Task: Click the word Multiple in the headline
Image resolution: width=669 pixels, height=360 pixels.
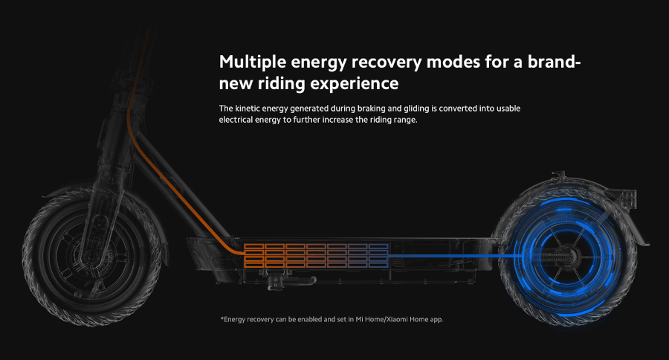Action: [252, 62]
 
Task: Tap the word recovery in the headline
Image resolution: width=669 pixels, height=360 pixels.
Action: [387, 62]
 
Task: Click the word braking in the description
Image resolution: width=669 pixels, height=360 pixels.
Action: [371, 109]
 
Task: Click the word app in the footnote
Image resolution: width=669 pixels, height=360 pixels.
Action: [436, 320]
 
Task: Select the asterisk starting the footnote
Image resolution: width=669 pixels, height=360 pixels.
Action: [222, 318]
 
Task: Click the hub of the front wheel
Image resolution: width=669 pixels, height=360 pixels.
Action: [91, 256]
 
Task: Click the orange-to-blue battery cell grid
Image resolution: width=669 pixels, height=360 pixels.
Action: [316, 256]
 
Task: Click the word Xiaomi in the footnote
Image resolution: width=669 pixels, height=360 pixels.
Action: [397, 319]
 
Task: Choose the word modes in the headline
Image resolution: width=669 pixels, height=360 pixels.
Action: [453, 62]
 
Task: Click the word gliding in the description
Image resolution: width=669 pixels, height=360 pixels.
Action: [416, 109]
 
